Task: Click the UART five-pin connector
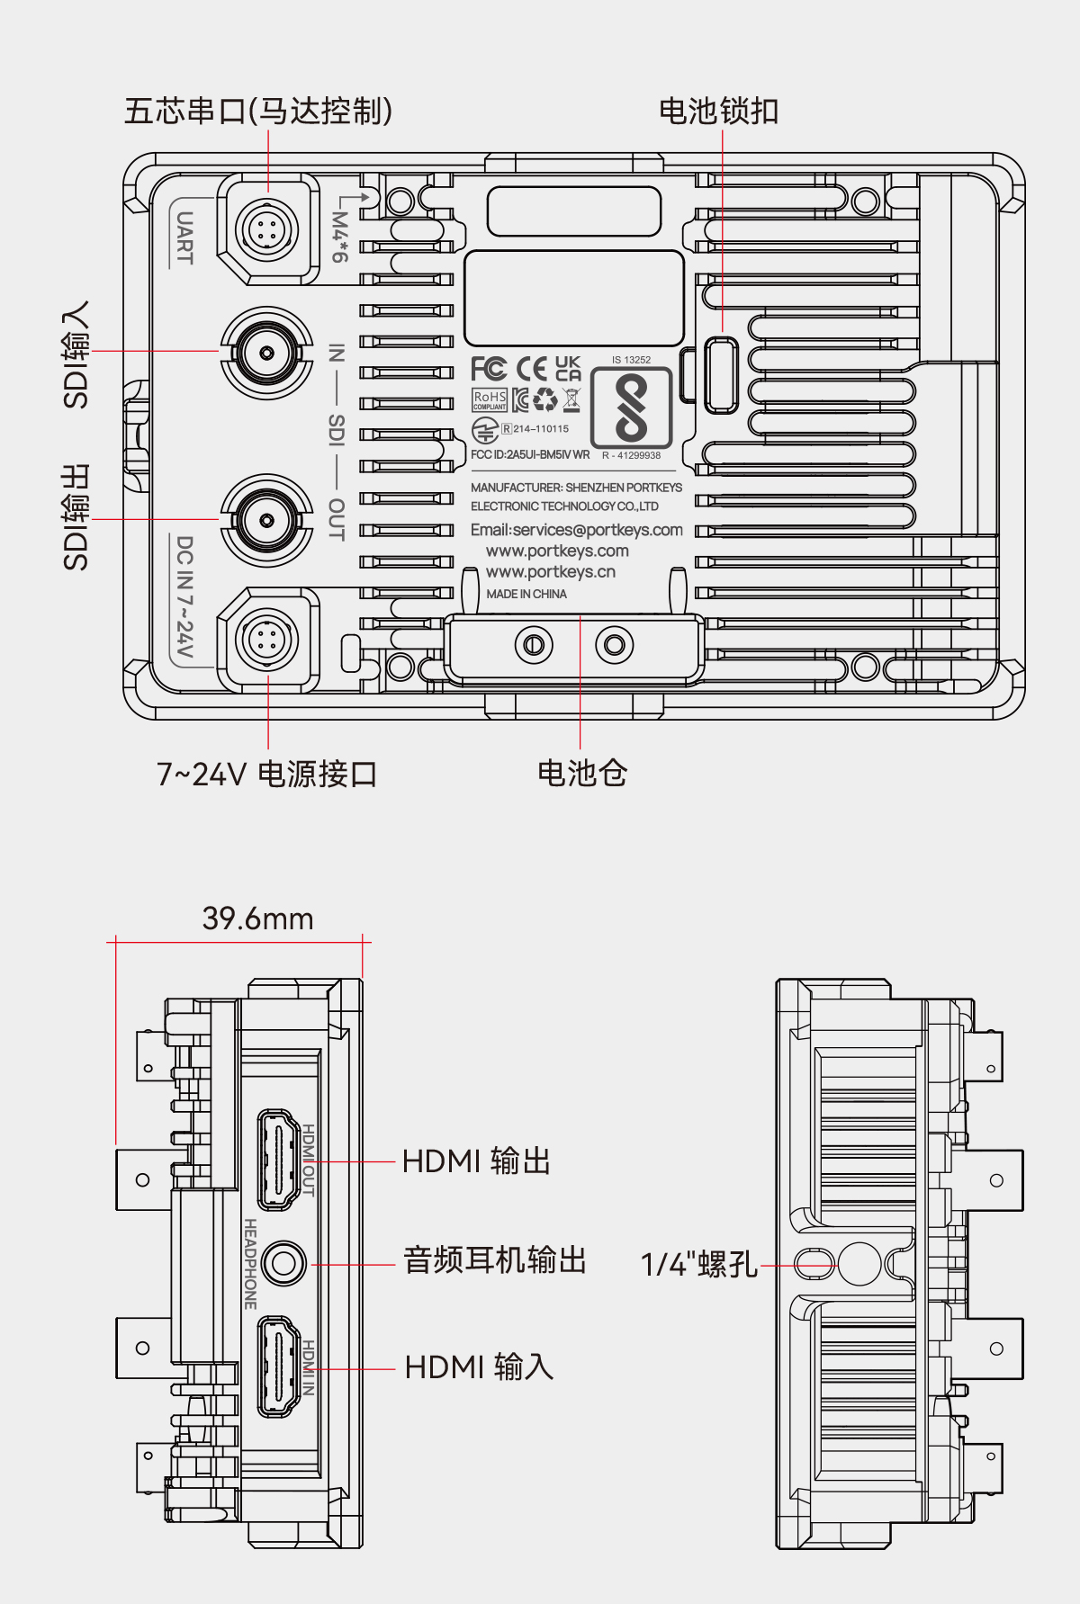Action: (x=267, y=229)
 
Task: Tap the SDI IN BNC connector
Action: (x=267, y=352)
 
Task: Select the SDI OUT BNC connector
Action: (x=267, y=520)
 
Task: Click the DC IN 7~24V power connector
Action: (x=267, y=640)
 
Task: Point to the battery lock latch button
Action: (x=721, y=374)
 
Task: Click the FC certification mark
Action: (x=489, y=369)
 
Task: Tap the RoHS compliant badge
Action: (x=490, y=399)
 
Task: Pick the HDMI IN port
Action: (x=279, y=1367)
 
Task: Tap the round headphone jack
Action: (x=284, y=1263)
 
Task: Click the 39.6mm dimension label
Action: (x=257, y=918)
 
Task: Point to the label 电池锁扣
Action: (x=718, y=112)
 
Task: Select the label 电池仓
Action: (x=581, y=773)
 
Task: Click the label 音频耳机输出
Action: (x=494, y=1259)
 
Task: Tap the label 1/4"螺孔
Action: (x=698, y=1264)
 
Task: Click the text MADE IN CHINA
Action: (x=526, y=594)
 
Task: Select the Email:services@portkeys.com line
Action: (x=576, y=530)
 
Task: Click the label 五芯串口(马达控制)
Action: (x=258, y=112)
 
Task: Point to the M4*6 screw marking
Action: (x=339, y=236)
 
